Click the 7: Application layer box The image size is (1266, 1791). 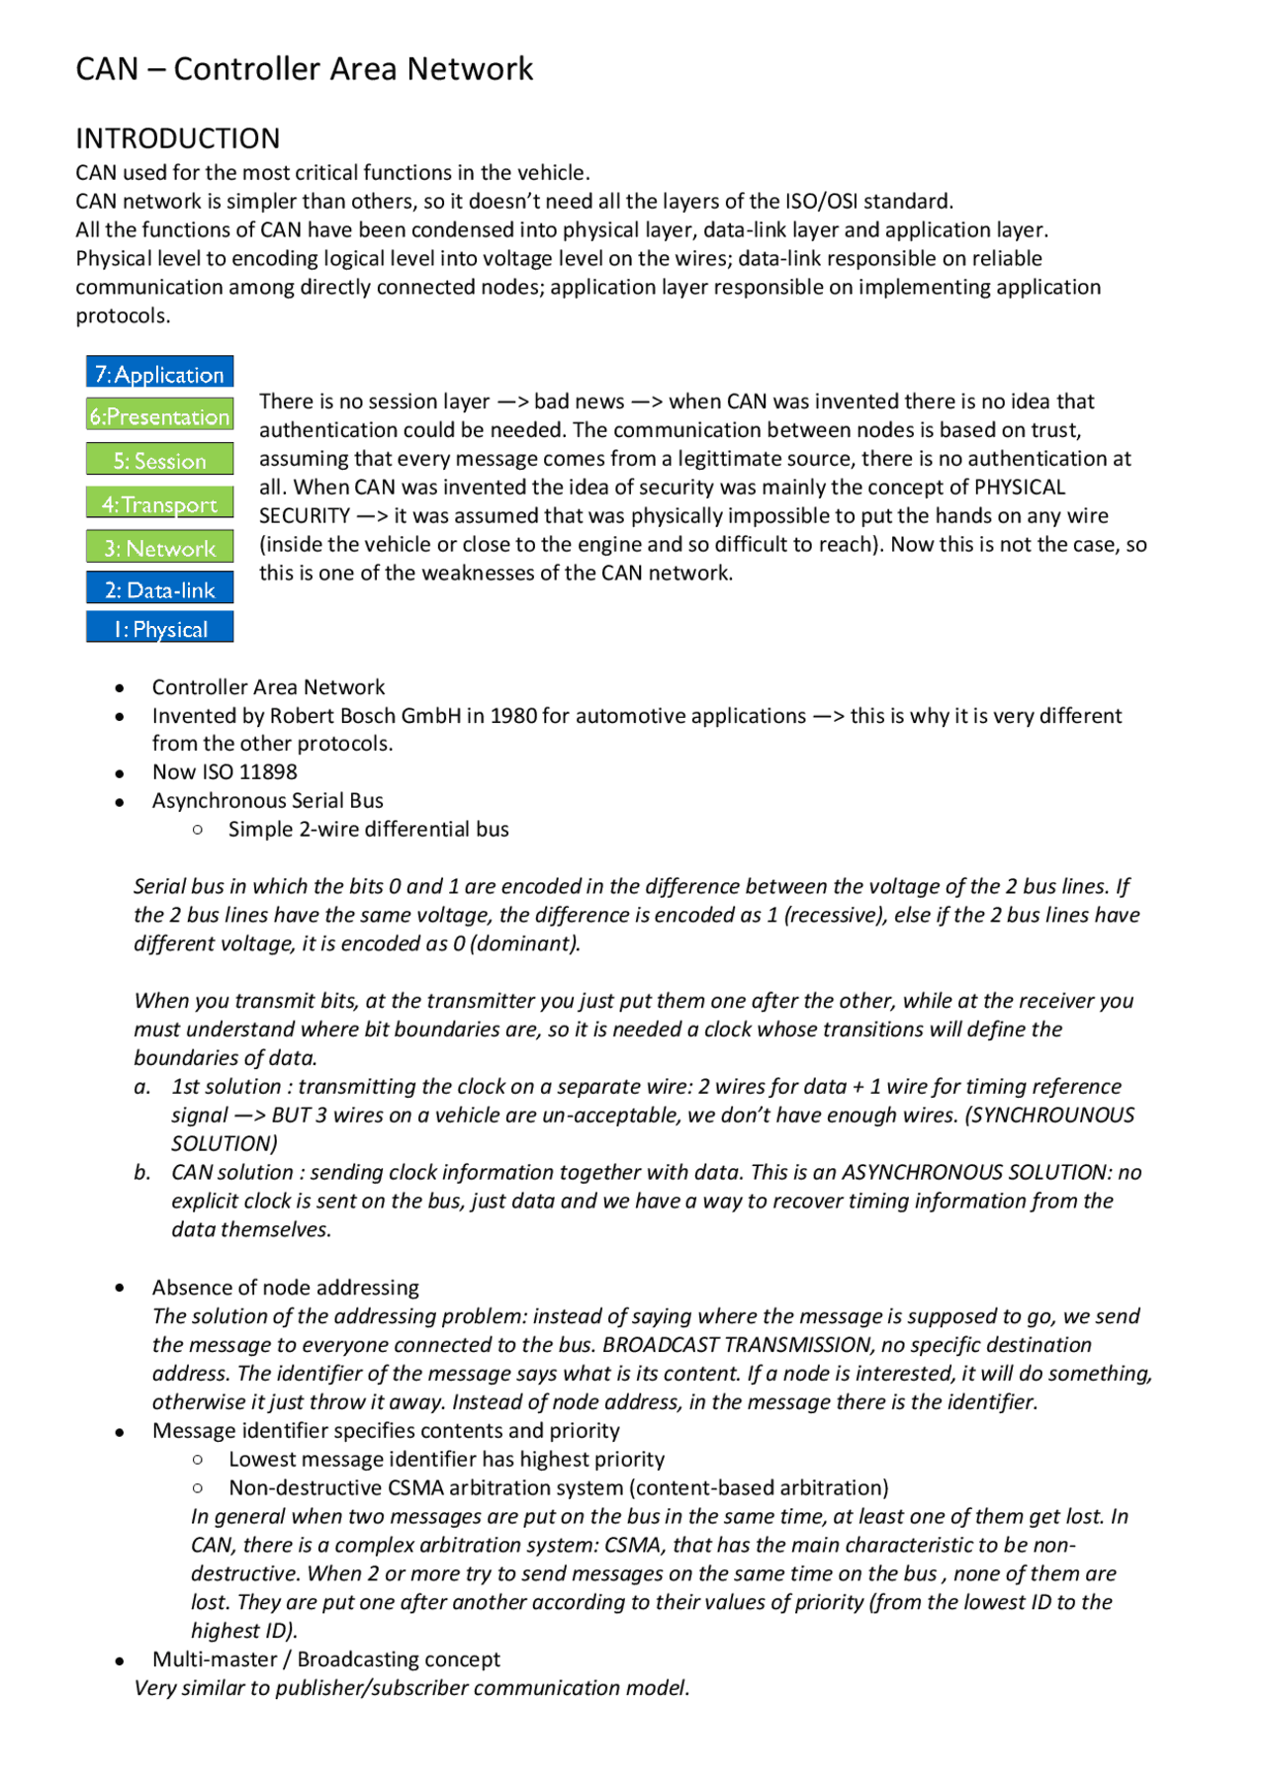coord(159,373)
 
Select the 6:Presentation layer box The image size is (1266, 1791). coord(159,415)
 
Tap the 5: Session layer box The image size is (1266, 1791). coord(159,460)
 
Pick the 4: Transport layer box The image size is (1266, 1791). coord(159,503)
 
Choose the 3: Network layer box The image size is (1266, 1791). coord(159,547)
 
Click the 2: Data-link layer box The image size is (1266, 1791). coord(159,589)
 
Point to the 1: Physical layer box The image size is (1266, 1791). coord(159,628)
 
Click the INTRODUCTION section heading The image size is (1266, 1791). coord(178,138)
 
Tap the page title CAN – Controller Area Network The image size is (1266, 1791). coord(304,69)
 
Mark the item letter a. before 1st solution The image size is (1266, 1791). coord(142,1087)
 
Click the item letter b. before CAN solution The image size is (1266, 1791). coord(142,1173)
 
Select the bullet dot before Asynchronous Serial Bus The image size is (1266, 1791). coord(120,802)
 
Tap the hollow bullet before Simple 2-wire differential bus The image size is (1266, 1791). coord(198,830)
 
